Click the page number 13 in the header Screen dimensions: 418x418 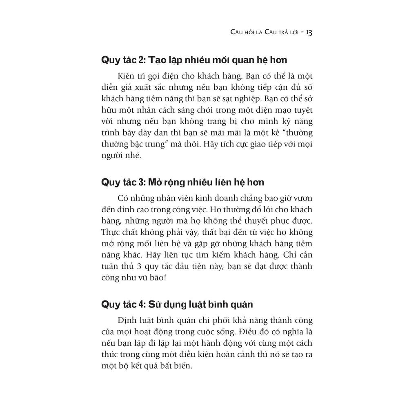coord(309,32)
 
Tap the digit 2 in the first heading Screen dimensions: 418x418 coord(141,60)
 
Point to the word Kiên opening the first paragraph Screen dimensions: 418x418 coord(125,76)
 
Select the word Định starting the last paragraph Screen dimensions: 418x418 coord(127,320)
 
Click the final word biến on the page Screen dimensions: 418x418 coord(180,366)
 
